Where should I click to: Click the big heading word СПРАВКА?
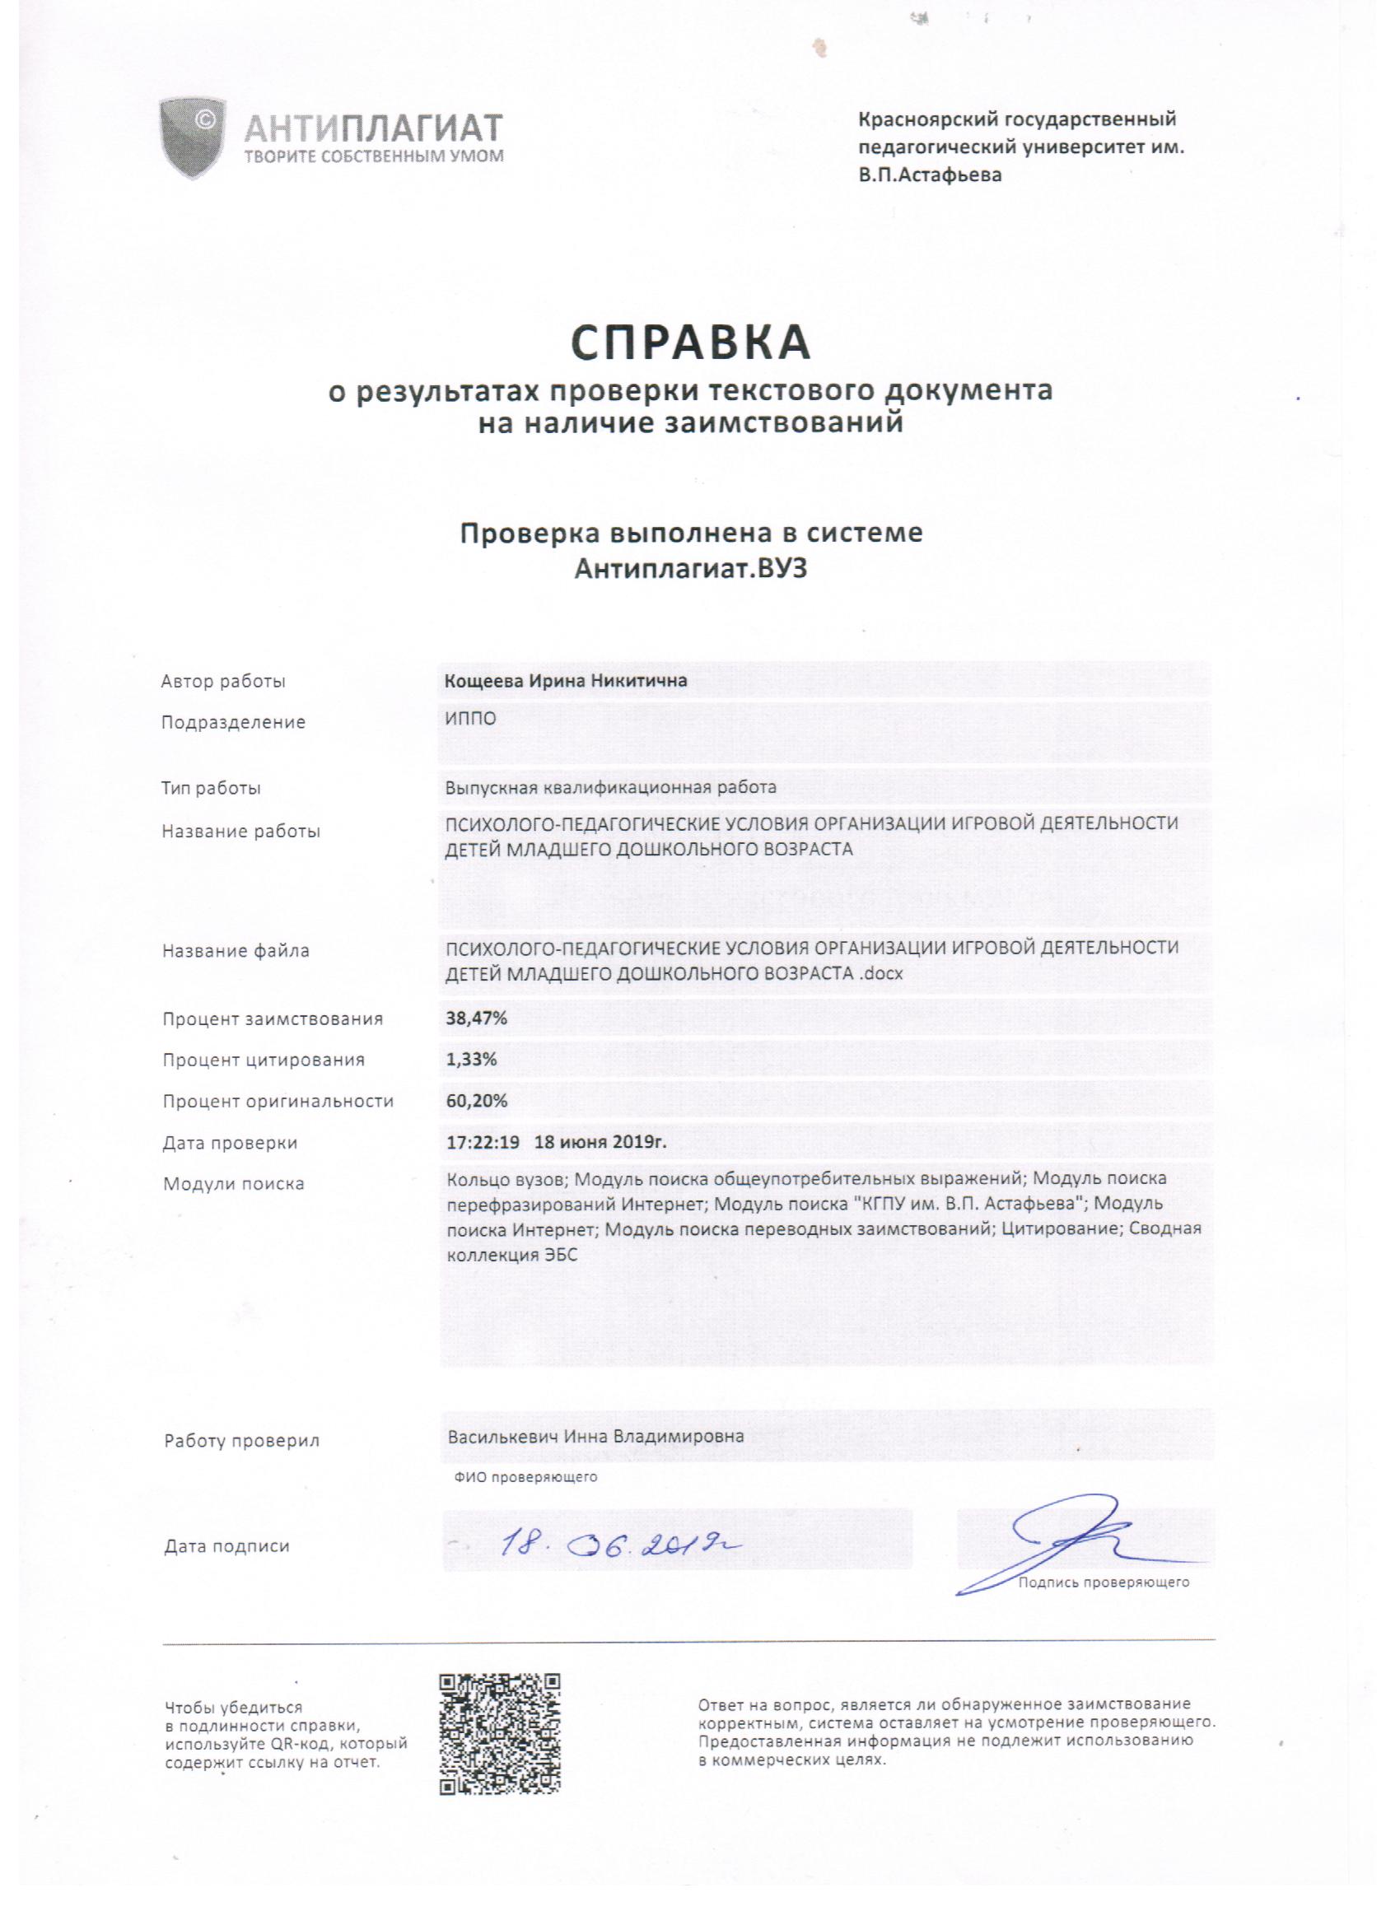click(690, 342)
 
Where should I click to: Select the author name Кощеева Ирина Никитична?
click(567, 681)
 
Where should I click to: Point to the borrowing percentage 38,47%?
click(476, 1018)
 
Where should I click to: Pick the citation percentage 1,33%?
click(471, 1060)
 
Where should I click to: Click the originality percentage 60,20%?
click(476, 1101)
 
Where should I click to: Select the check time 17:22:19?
click(483, 1143)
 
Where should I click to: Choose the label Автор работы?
click(223, 681)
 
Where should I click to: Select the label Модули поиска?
click(234, 1183)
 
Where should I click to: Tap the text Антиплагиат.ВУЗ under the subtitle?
click(690, 569)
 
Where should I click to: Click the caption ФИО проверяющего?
click(525, 1477)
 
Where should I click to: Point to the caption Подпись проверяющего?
click(1104, 1582)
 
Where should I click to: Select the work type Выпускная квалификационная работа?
click(610, 787)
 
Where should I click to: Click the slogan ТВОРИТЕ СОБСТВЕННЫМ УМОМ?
click(374, 156)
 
